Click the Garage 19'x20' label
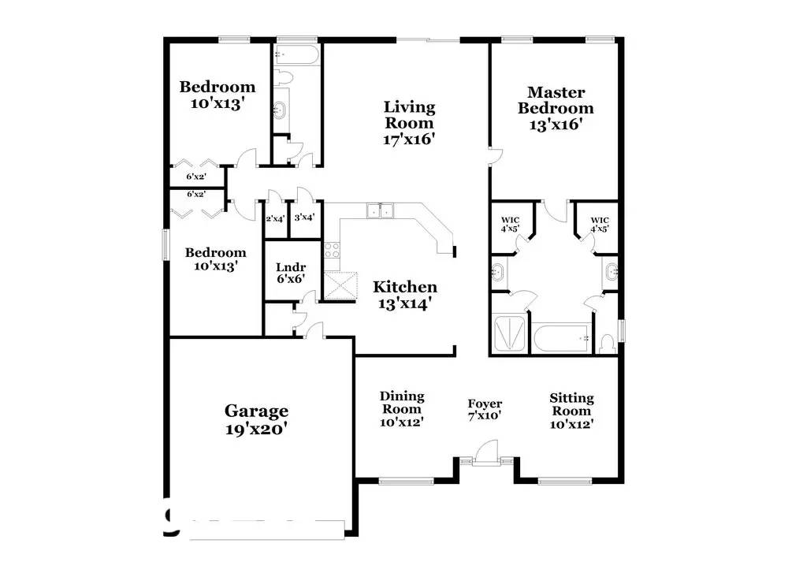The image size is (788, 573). point(256,419)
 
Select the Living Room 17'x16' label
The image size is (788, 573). point(409,122)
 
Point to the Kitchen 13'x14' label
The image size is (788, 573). point(404,294)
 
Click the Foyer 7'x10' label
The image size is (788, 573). point(485,409)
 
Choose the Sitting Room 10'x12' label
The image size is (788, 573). point(571,411)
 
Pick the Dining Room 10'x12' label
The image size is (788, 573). point(402,408)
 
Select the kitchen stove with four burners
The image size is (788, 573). point(332,251)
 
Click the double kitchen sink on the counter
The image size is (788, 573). point(381,210)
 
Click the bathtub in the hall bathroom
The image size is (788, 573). point(296,55)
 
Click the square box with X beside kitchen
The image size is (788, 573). point(340,285)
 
